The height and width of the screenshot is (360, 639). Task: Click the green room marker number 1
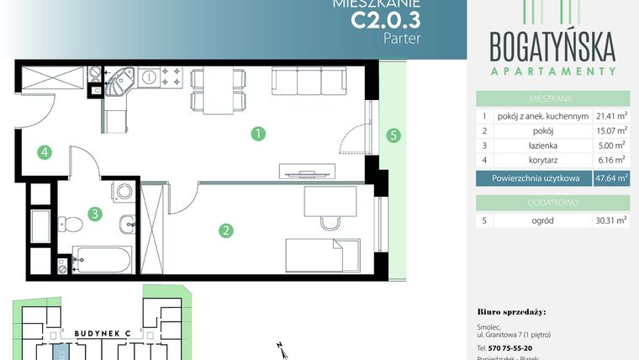(x=259, y=133)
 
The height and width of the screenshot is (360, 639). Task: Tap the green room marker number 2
(x=225, y=230)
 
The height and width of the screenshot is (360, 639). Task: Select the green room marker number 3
(x=96, y=214)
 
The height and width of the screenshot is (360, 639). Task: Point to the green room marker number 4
(x=44, y=152)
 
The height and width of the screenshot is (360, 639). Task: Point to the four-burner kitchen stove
(x=172, y=78)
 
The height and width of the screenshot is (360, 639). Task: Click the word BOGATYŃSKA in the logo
(x=552, y=43)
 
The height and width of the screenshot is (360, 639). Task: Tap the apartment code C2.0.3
(x=385, y=20)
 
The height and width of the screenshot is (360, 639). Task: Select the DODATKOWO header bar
(x=552, y=202)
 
